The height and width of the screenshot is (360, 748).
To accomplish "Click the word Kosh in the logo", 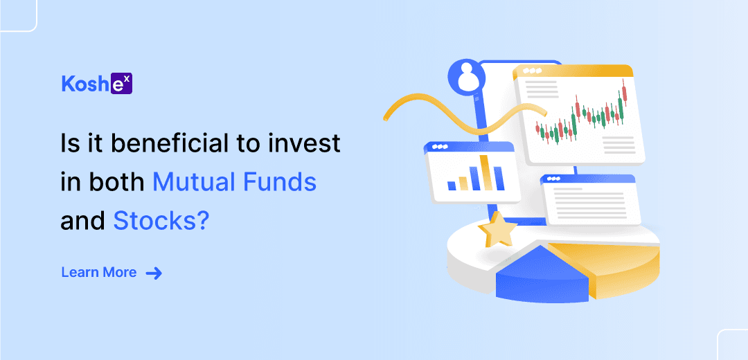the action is click(x=85, y=84).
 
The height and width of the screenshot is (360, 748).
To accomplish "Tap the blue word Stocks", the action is click(x=155, y=222).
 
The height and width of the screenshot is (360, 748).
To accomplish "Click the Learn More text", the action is click(x=99, y=273).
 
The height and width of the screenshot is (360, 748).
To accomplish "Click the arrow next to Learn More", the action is click(x=154, y=273).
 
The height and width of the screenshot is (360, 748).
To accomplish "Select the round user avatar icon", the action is click(x=466, y=78).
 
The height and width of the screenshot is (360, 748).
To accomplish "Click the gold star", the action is click(x=497, y=228).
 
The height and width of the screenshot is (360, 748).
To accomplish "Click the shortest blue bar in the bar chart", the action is click(x=452, y=185).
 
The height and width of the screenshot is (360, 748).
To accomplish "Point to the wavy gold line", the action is click(x=465, y=114).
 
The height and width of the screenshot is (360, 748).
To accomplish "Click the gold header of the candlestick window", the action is click(x=573, y=72).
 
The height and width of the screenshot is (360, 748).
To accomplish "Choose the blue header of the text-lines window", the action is click(x=588, y=179).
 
